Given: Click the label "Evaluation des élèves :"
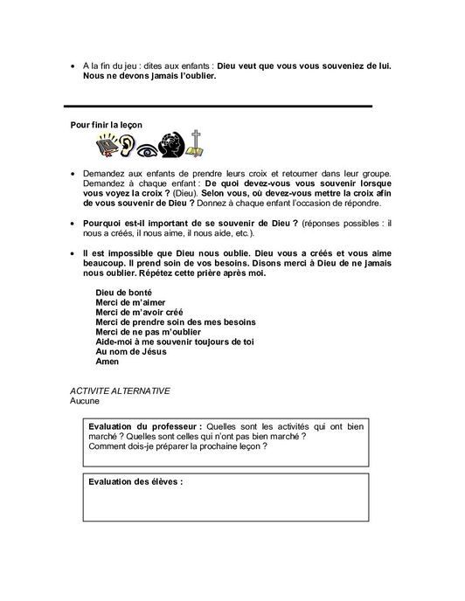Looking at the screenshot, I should [135, 481].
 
